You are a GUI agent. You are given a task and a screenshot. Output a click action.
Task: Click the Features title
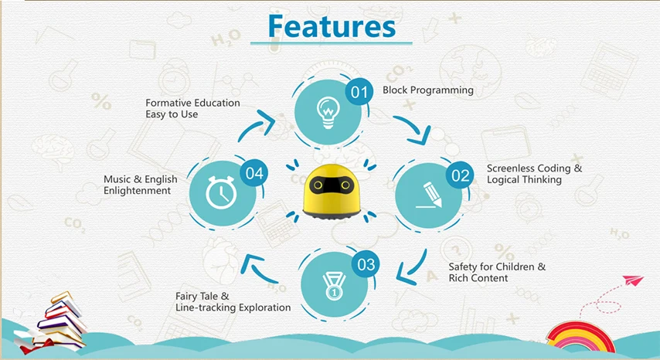click(332, 25)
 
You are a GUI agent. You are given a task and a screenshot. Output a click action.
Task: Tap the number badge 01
click(358, 93)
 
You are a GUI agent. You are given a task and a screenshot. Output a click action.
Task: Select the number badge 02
click(460, 175)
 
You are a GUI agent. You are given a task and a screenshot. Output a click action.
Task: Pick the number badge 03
click(366, 265)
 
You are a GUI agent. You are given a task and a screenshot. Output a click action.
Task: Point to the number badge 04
click(253, 174)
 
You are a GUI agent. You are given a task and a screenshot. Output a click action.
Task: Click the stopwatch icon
click(222, 195)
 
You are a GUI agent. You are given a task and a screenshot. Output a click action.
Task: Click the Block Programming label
click(428, 90)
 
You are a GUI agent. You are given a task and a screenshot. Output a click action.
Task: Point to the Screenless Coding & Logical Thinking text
click(534, 174)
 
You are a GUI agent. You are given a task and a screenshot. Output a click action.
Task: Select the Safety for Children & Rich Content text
click(497, 272)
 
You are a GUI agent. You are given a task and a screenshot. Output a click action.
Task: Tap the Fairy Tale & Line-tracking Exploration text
click(233, 301)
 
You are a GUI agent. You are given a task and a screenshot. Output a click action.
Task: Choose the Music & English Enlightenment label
click(140, 185)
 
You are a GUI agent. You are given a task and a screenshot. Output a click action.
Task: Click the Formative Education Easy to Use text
click(192, 108)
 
